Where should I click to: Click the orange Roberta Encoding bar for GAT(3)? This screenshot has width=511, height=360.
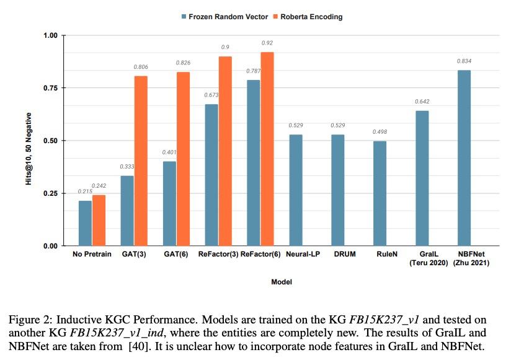click(141, 161)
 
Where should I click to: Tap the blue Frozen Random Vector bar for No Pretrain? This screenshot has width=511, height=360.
click(85, 223)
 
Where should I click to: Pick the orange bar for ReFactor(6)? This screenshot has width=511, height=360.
click(267, 149)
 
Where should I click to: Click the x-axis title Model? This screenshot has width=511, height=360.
click(282, 282)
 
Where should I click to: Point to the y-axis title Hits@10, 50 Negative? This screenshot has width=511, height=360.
click(29, 141)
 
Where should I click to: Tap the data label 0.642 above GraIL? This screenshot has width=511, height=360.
click(422, 102)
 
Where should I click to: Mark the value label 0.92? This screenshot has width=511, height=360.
click(267, 43)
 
